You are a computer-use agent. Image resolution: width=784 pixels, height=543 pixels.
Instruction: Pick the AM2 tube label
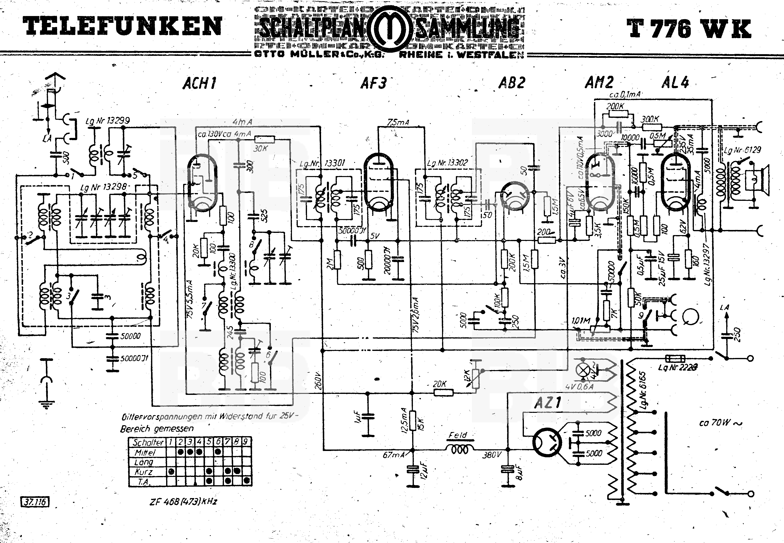coord(599,82)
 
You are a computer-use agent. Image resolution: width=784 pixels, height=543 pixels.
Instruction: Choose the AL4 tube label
coord(675,82)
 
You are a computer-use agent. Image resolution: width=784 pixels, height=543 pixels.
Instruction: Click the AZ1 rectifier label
coord(547,403)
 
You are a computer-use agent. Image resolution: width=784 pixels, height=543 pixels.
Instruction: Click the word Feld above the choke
coord(458,435)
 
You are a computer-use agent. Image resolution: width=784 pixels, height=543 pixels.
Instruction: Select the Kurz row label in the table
coord(144,472)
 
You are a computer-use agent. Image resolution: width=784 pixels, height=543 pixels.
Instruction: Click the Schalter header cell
coord(148,442)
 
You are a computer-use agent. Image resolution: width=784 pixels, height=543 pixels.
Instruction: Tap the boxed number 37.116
coord(35,502)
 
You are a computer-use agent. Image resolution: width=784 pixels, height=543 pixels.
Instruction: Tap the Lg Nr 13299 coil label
coord(108,121)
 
